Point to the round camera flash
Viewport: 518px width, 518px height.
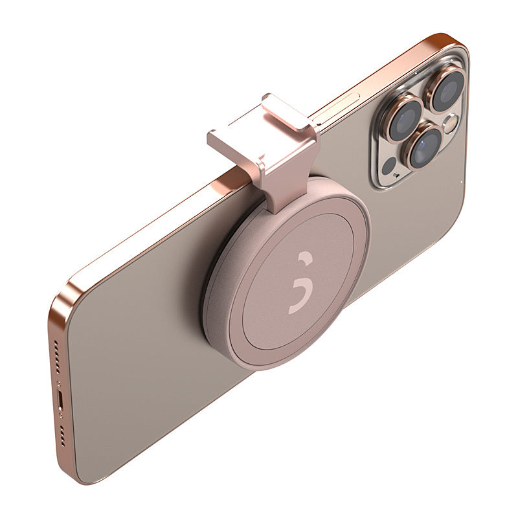tap(449, 122)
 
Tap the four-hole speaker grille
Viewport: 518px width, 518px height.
tap(63, 437)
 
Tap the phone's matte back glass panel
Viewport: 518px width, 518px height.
tap(149, 363)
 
